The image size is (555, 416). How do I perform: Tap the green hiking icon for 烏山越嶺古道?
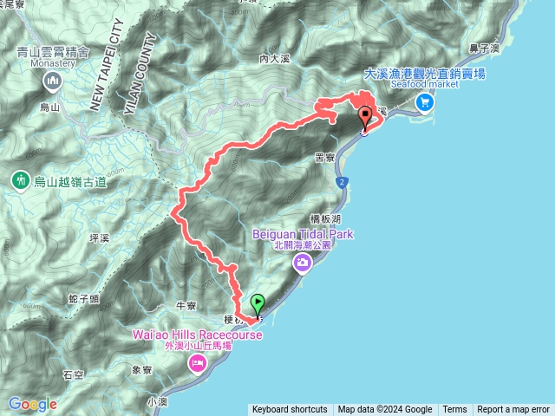click(19, 180)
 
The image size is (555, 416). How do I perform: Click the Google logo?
click(32, 404)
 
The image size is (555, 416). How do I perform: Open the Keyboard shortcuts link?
click(290, 410)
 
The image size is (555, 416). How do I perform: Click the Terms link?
click(454, 410)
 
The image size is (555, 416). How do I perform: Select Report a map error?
click(513, 410)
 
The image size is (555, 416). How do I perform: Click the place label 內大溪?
click(272, 59)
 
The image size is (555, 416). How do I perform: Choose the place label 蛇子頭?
click(83, 299)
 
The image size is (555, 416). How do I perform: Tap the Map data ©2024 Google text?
click(385, 410)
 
